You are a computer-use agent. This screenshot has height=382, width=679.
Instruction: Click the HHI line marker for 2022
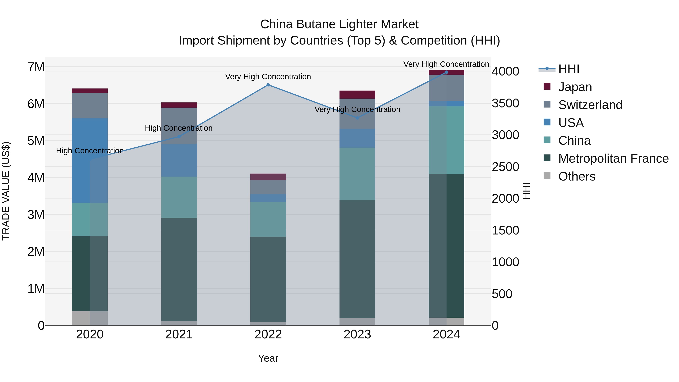tap(268, 85)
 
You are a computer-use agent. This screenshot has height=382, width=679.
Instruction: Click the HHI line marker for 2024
tap(446, 72)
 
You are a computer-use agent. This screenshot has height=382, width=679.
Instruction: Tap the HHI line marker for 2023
tap(357, 118)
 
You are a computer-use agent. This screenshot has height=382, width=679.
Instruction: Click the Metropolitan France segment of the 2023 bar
tap(357, 259)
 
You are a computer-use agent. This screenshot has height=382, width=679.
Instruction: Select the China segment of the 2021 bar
tap(179, 197)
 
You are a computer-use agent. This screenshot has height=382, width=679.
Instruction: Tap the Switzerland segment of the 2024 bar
tap(446, 88)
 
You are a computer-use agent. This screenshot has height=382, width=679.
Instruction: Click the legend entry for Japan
tap(575, 87)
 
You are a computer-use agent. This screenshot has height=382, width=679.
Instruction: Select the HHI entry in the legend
tap(568, 69)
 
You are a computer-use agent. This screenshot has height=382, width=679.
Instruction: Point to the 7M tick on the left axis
tap(36, 67)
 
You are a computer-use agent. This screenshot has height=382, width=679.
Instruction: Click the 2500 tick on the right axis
tap(505, 167)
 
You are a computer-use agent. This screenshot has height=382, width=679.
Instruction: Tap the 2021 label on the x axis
tap(179, 334)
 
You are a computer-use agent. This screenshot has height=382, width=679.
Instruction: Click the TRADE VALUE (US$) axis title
tap(6, 191)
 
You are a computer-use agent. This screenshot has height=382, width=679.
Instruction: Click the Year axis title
tap(268, 358)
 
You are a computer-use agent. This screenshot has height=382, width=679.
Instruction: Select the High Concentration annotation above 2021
tap(179, 128)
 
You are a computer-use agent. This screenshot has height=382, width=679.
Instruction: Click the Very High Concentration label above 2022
tap(268, 77)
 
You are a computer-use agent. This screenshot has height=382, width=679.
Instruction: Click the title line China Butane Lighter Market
tap(339, 24)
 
